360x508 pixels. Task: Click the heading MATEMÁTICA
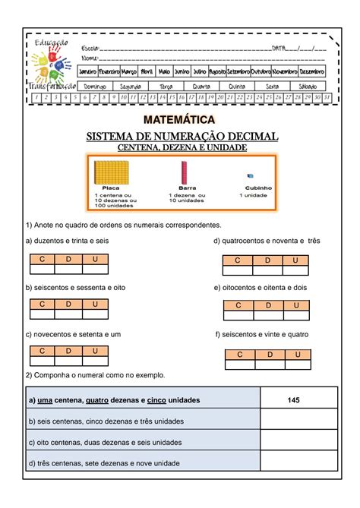[180, 120]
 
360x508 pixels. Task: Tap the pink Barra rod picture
[183, 172]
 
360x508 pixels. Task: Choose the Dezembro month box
[311, 71]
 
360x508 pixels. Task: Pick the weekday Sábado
[310, 86]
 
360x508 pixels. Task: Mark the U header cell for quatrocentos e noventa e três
[295, 260]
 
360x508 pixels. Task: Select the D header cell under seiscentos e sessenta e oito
[68, 304]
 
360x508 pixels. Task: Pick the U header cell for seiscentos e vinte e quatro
[298, 355]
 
